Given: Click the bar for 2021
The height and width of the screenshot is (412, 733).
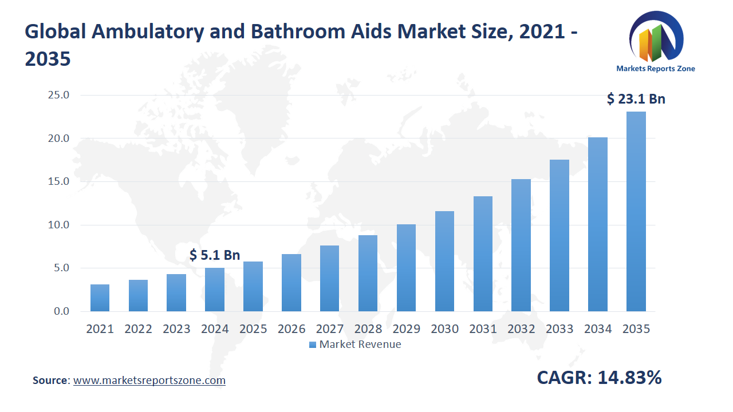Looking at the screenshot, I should point(100,298).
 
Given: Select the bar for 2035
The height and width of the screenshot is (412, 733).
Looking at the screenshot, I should point(636,212).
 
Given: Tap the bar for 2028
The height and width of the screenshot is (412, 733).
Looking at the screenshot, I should point(368,274).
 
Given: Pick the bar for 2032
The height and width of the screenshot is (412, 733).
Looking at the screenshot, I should point(521,245).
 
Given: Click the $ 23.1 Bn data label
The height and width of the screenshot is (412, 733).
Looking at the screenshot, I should point(636,99).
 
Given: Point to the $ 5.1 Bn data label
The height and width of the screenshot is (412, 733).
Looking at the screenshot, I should point(215,255).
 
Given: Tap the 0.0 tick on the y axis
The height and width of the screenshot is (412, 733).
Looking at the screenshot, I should point(61,311).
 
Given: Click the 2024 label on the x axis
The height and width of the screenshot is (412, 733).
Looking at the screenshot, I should point(215,329).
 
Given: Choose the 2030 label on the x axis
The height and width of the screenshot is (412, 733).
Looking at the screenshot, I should point(444,329).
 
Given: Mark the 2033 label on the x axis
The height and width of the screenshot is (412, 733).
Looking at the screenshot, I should point(559,329).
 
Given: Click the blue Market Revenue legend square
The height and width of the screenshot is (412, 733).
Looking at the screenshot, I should point(312,344).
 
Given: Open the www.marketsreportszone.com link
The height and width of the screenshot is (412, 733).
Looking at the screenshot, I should point(149,381).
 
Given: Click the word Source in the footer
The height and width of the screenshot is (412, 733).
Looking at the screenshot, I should point(50,381).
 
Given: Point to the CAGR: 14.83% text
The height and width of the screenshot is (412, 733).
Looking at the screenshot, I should point(599,378).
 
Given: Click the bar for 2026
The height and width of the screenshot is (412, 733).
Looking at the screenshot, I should point(291,283).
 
